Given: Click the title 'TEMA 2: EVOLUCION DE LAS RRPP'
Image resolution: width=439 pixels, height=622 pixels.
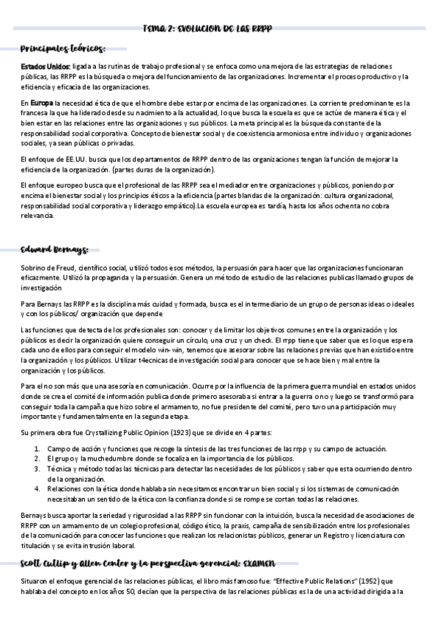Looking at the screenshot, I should pos(219,29).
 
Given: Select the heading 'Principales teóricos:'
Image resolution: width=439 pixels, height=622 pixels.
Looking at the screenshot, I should pos(63,49).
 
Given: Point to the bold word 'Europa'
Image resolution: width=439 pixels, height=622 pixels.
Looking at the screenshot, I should pos(42,104).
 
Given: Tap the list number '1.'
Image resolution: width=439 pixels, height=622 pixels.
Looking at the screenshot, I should pos(38,449).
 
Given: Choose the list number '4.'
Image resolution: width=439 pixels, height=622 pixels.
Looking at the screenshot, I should pos(38,488).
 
